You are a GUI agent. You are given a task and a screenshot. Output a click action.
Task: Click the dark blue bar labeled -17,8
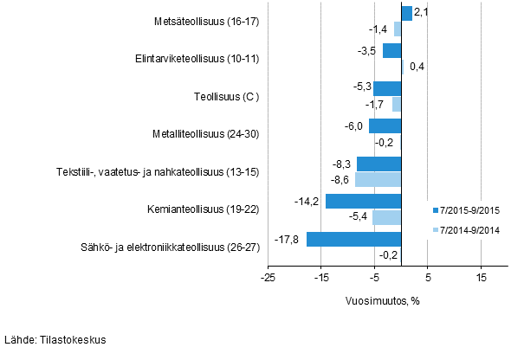(x=354, y=239)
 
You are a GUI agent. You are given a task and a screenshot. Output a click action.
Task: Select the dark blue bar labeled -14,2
(x=364, y=202)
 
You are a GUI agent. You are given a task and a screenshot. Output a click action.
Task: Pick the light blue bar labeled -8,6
(x=378, y=179)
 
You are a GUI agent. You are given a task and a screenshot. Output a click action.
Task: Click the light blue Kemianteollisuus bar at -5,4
(x=387, y=217)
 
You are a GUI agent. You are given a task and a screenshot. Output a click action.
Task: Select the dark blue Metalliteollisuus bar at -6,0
(x=385, y=126)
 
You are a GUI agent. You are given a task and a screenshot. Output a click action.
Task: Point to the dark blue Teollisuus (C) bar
(x=387, y=88)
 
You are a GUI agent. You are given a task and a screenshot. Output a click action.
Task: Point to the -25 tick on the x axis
(x=268, y=278)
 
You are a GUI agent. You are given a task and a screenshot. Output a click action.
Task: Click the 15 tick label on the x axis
(x=481, y=278)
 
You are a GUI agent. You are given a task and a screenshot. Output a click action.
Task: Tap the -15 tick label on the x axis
(x=321, y=278)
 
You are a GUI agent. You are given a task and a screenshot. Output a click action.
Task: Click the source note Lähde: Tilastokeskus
(x=55, y=340)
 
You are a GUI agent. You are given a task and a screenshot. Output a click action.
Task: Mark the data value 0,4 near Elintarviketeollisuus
(x=415, y=67)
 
